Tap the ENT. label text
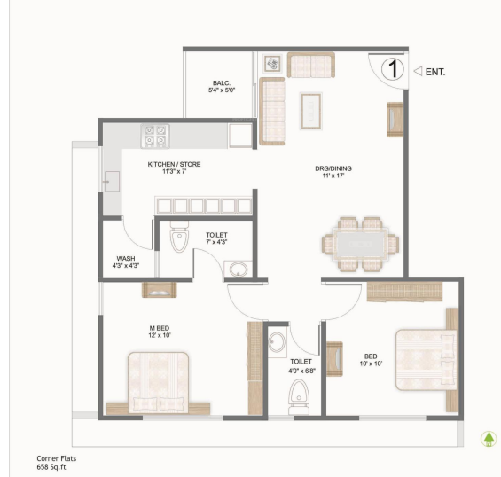pyautogui.click(x=434, y=70)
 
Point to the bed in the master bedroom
pyautogui.click(x=159, y=381)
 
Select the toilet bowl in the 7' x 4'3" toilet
pyautogui.click(x=180, y=238)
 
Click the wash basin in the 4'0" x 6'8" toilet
pyautogui.click(x=278, y=342)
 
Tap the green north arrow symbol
pyautogui.click(x=487, y=438)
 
